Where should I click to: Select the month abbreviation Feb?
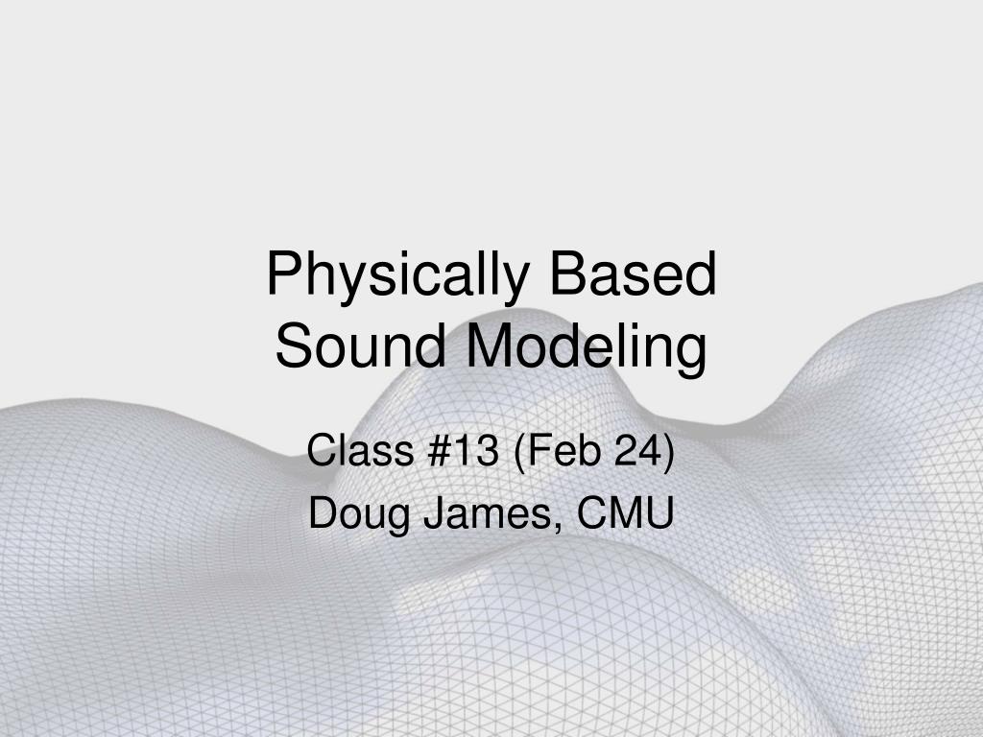[554, 451]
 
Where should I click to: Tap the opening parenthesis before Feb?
[519, 452]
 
